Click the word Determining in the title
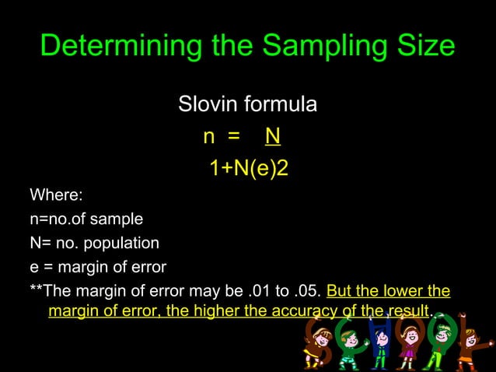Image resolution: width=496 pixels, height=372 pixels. click(x=108, y=47)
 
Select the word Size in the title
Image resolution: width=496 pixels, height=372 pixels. click(x=426, y=47)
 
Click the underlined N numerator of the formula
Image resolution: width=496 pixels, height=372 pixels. click(x=272, y=138)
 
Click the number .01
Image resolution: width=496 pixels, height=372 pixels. click(x=252, y=292)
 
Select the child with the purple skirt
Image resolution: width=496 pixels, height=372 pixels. click(x=407, y=346)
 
